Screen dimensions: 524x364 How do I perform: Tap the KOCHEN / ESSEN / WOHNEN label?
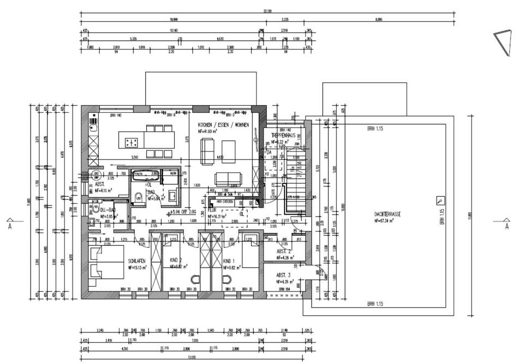pyautogui.click(x=224, y=125)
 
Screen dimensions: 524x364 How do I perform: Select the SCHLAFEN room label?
pyautogui.click(x=136, y=261)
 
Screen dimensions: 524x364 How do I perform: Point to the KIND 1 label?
pyautogui.click(x=229, y=261)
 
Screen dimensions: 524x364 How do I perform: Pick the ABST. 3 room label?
pyautogui.click(x=283, y=275)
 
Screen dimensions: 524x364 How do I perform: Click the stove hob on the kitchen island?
pyautogui.click(x=132, y=143)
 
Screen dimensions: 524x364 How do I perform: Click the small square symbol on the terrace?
pyautogui.click(x=440, y=201)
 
